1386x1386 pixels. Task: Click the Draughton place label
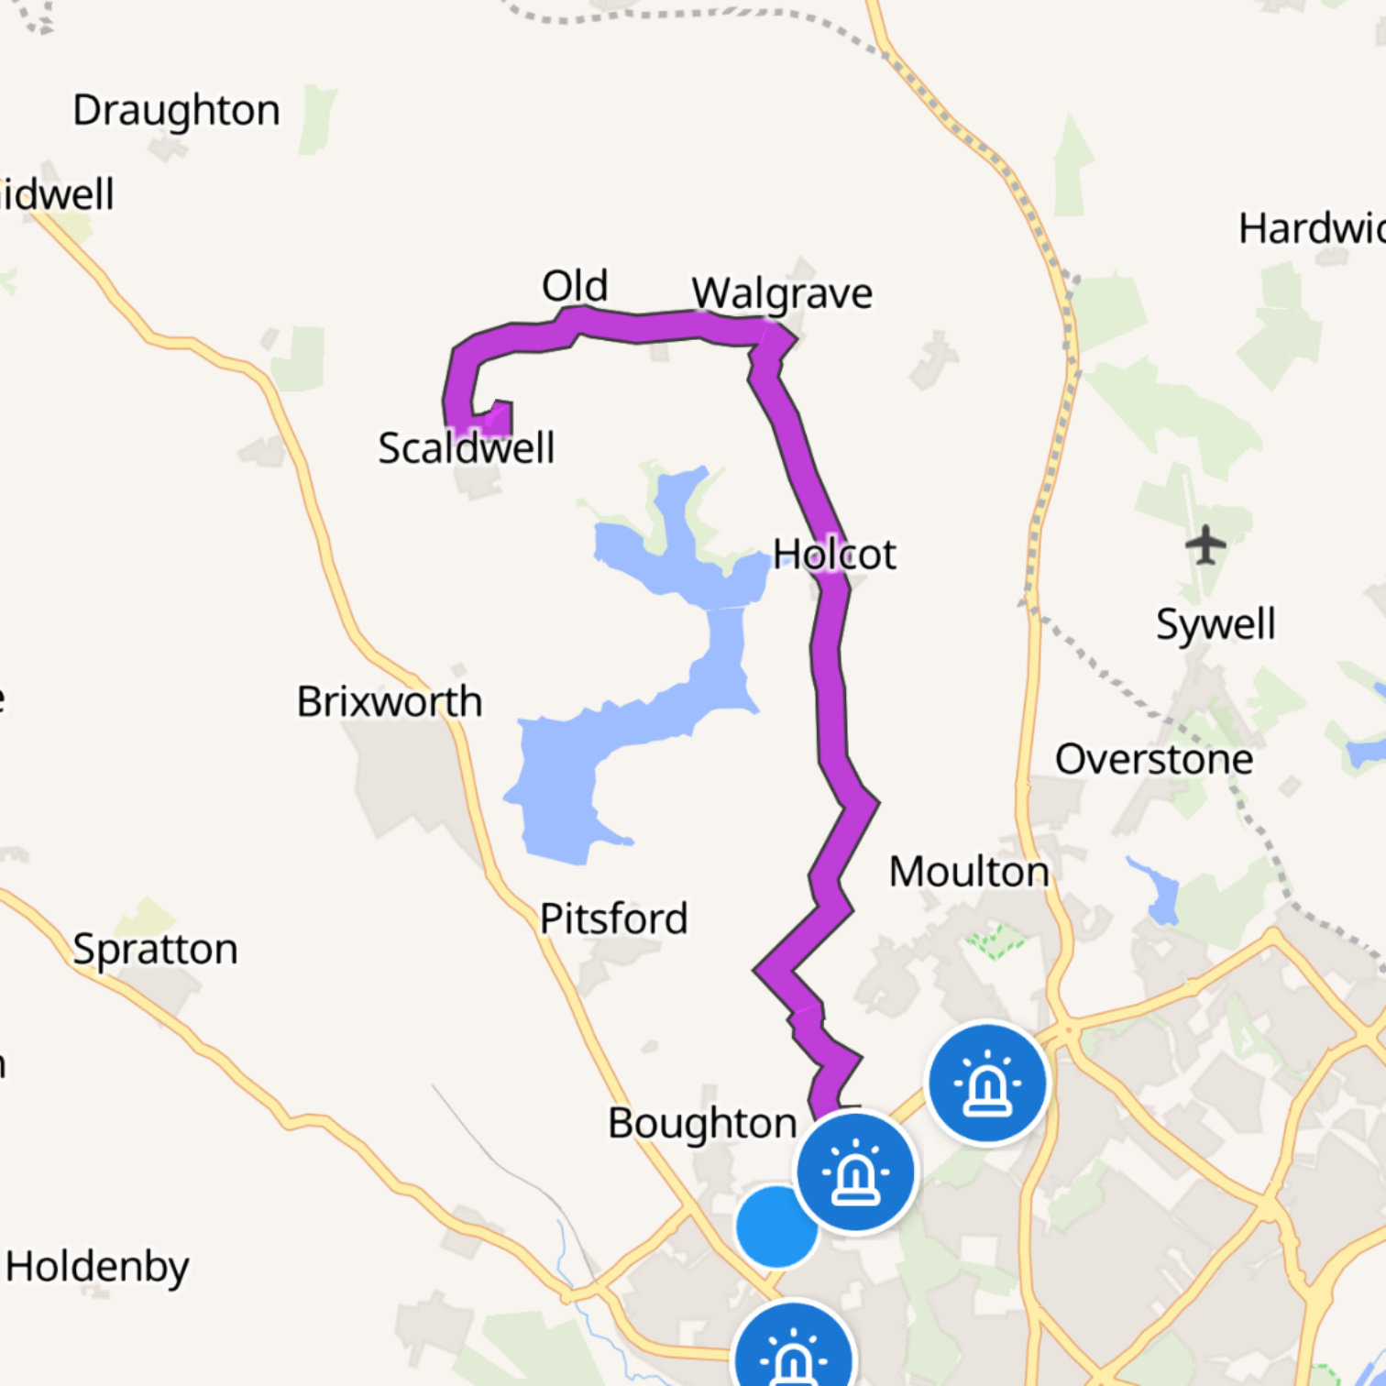176,111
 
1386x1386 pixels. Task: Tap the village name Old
574,286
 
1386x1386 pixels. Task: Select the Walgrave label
782,293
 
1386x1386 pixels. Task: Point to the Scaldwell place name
466,448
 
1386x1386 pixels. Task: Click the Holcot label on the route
833,555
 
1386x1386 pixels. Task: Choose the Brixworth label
389,702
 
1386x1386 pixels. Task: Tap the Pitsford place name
613,918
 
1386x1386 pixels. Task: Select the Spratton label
155,949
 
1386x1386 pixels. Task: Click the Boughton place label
702,1123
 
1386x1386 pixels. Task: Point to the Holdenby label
97,1267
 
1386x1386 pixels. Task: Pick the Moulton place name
969,872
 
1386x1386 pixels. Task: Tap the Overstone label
1153,759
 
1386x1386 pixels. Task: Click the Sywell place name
1215,624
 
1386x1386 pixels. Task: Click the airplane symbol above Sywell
1205,546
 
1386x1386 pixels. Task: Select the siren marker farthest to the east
987,1083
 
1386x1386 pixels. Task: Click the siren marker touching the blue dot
855,1172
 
